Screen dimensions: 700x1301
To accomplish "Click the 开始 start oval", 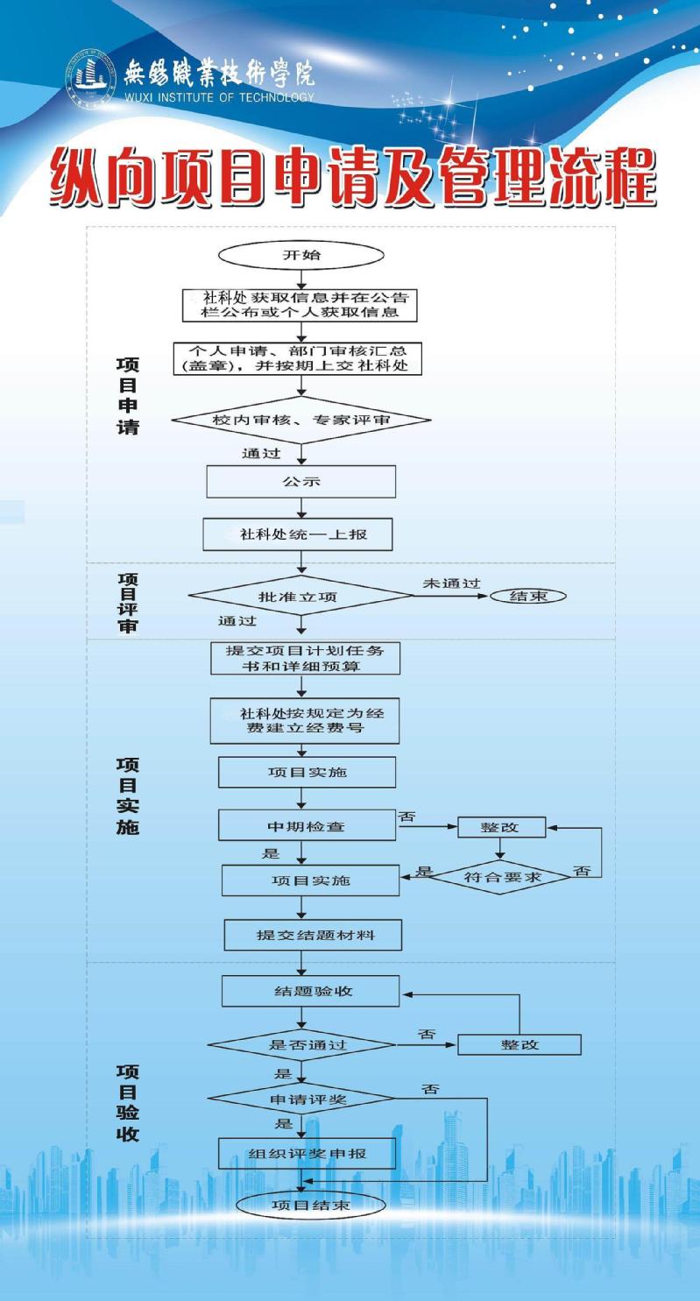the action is coord(301,255).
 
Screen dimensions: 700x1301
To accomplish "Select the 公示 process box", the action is coord(301,482).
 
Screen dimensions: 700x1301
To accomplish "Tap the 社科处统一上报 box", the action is coord(297,534).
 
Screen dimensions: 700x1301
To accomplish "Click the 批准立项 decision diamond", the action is coord(300,596).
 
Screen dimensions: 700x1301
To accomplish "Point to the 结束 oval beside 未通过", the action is coord(528,596).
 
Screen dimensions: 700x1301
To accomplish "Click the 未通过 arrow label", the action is coord(451,583).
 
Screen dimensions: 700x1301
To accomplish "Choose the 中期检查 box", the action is coord(307,825).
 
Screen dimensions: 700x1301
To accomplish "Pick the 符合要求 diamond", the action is coord(501,877).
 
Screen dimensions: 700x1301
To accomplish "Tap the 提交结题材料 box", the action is coord(313,935).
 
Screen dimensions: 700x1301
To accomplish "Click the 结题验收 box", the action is coord(311,991).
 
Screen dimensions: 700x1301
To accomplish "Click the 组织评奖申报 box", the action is coord(307,1154).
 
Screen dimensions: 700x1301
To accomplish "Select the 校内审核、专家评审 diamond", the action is coord(301,420).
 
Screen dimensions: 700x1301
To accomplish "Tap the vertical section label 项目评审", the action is coord(128,602).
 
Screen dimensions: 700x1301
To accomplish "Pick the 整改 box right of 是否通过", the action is coord(520,1045).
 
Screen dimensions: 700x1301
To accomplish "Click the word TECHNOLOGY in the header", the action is coord(276,97).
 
